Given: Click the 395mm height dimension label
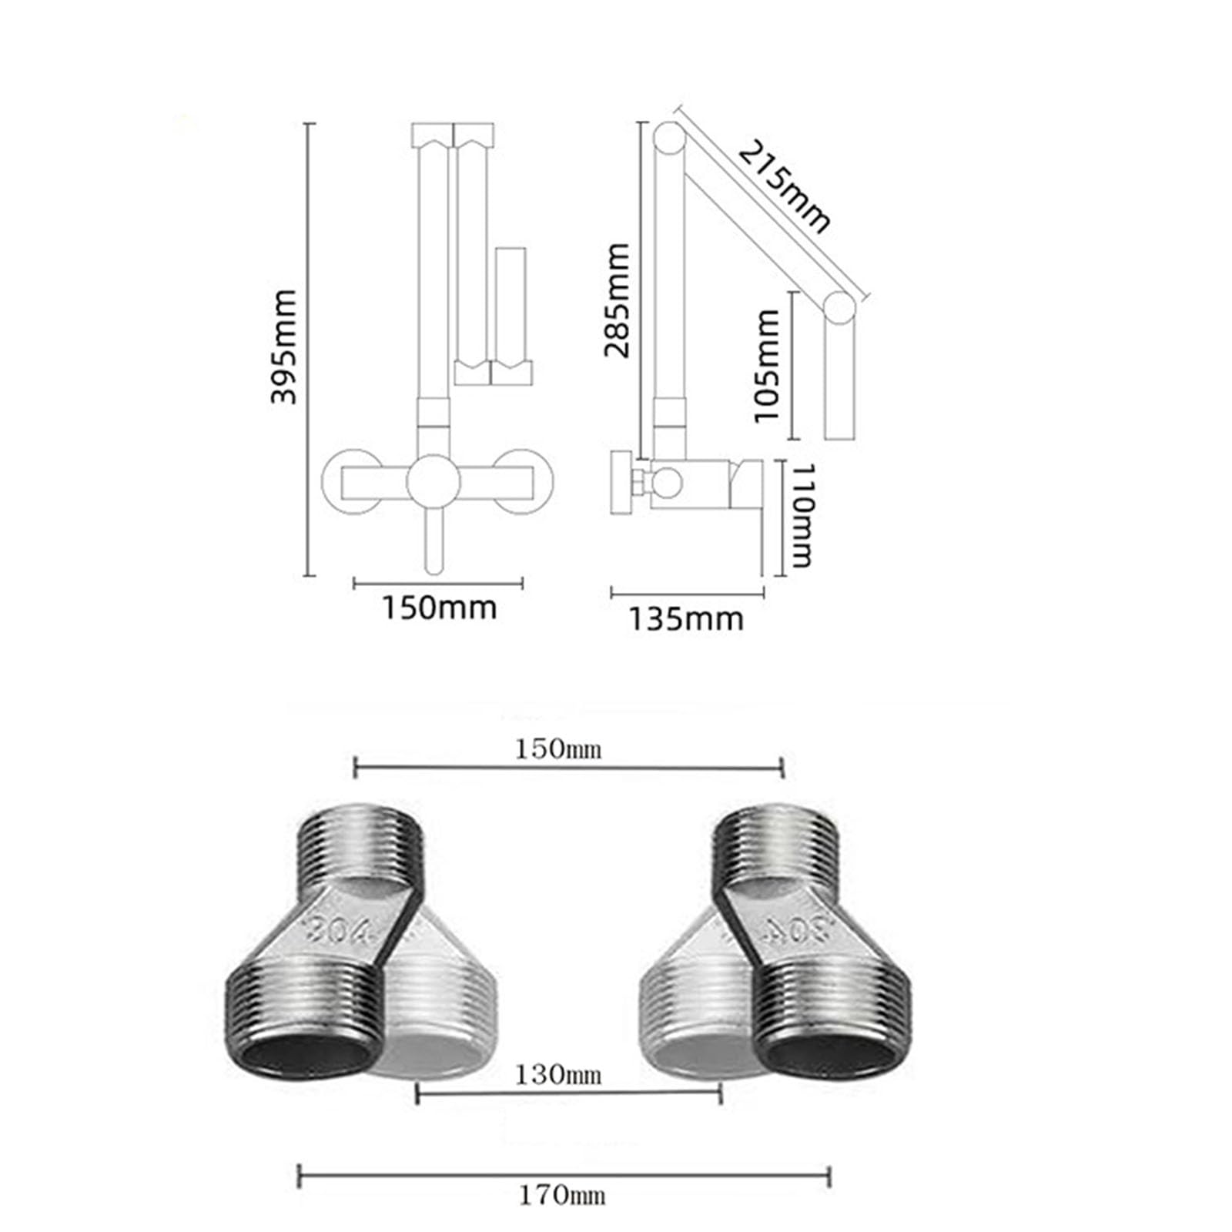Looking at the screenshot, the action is coord(284,346).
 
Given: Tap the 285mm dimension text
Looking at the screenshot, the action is coord(617,300).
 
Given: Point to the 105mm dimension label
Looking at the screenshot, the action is coord(767,365).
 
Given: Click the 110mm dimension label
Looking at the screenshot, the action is coord(802,515).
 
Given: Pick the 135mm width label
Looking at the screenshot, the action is coord(687,619).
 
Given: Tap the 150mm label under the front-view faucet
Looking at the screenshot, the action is coord(440,608).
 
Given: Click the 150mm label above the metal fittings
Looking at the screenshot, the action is coord(558,748).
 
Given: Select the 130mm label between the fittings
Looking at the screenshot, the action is coord(558,1074).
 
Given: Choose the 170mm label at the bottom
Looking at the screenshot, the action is coord(561,1196).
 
